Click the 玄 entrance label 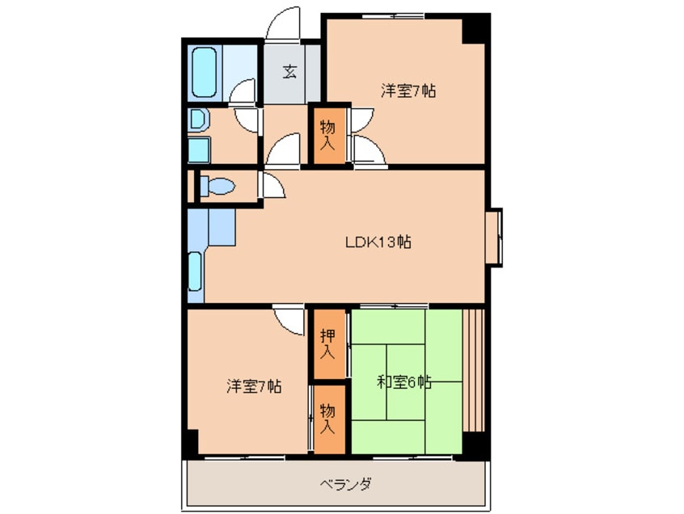click(x=289, y=71)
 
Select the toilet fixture click(x=217, y=187)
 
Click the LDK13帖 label click(x=378, y=241)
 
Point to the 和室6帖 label click(x=404, y=381)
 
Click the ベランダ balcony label click(x=345, y=485)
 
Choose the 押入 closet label click(x=327, y=343)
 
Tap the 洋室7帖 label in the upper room click(x=409, y=91)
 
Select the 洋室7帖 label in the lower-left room click(x=254, y=386)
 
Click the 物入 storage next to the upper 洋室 click(x=327, y=134)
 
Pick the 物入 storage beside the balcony click(x=327, y=418)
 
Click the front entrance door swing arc click(x=284, y=23)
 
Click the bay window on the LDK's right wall click(x=494, y=237)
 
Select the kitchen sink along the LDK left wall click(x=195, y=272)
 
